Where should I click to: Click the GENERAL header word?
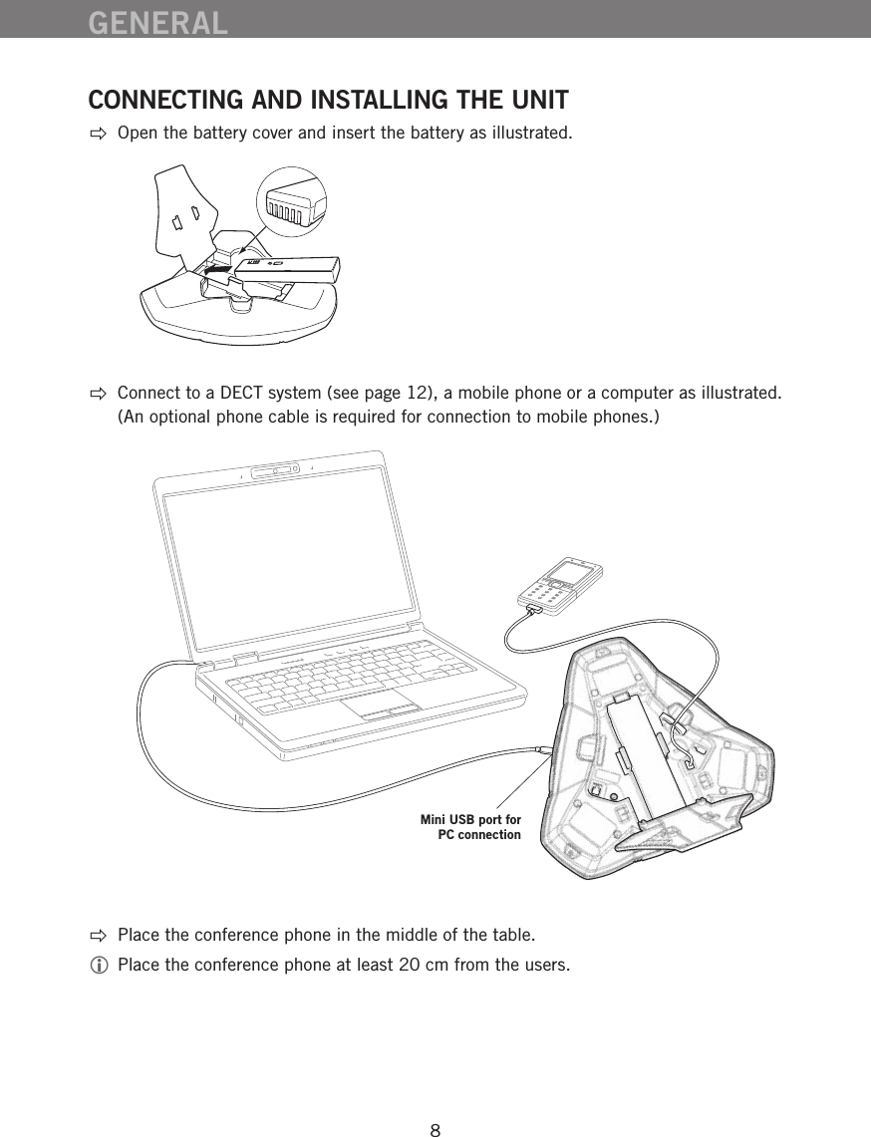[157, 21]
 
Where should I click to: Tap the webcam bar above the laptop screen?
[276, 469]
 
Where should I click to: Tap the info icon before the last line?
[97, 966]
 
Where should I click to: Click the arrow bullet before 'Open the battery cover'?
[97, 134]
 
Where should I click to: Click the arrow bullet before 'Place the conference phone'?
[97, 936]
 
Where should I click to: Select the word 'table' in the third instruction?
[512, 936]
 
